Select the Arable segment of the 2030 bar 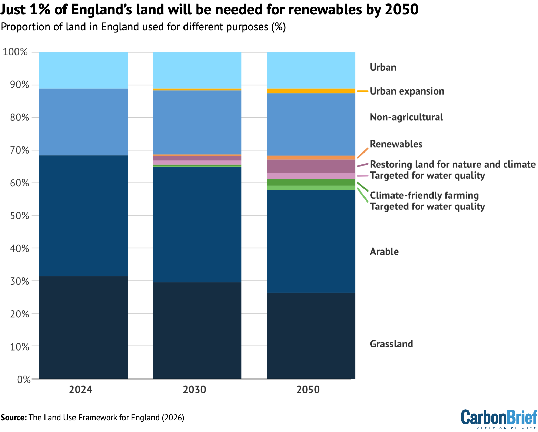(x=197, y=224)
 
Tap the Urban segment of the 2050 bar (x=311, y=70)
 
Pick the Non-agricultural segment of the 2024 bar (x=83, y=122)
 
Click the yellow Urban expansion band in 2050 (x=311, y=91)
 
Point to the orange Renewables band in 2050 (x=311, y=158)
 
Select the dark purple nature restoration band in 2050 (x=311, y=166)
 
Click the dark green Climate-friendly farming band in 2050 (x=311, y=182)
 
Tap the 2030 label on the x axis (x=195, y=390)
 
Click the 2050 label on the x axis (x=308, y=390)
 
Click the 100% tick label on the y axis (x=15, y=52)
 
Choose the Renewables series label (x=396, y=144)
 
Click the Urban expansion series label (x=407, y=91)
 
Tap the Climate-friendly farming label (x=424, y=195)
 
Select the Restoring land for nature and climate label (x=452, y=164)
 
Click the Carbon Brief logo (x=499, y=419)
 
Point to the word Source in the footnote (x=13, y=418)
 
